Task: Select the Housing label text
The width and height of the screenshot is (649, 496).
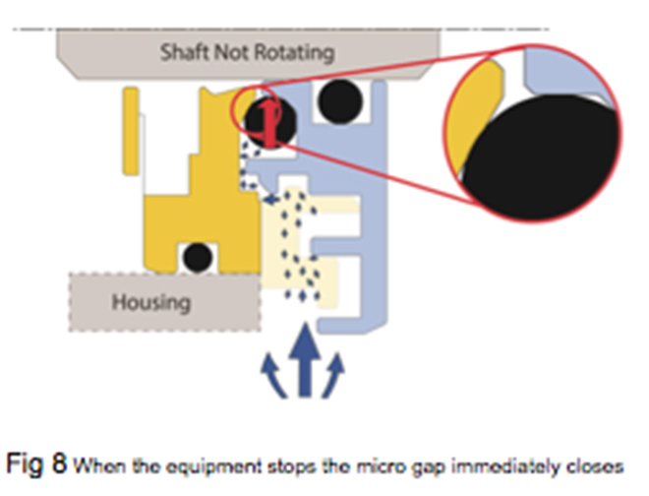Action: tap(150, 299)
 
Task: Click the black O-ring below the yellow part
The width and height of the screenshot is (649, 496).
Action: tap(198, 257)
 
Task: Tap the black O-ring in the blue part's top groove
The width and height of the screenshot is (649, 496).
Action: tap(339, 101)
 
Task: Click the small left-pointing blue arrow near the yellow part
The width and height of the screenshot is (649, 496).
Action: tap(268, 200)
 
